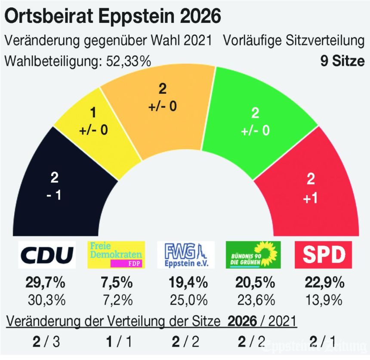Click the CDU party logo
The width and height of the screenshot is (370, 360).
point(47,255)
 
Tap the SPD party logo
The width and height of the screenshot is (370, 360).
point(325,255)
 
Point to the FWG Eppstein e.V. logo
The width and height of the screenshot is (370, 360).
point(186,255)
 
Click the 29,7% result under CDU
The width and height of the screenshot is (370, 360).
point(47,283)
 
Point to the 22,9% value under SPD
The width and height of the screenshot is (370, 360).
point(325,283)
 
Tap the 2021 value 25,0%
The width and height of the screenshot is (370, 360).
point(186,298)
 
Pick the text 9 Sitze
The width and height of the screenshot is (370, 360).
point(342,61)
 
